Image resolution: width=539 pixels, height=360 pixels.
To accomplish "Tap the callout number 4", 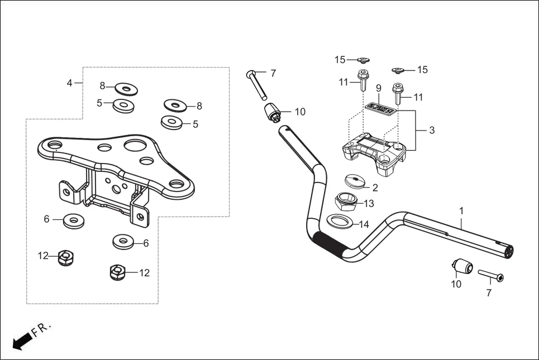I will pos(69,83).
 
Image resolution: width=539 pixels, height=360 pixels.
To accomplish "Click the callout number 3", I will pos(431,130).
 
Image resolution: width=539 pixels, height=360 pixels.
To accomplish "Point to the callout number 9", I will pos(378,88).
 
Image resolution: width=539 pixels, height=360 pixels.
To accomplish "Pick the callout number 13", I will pos(369,203).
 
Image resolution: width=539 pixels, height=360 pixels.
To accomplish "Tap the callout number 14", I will pos(364,224).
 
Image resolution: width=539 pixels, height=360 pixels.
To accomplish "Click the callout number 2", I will pos(375,188).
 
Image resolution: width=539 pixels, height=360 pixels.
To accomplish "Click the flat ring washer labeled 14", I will pos(338,221).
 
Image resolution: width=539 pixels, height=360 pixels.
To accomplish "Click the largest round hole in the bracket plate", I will pos(135,146).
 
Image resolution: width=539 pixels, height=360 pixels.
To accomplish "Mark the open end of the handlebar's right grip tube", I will pos(508,252).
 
